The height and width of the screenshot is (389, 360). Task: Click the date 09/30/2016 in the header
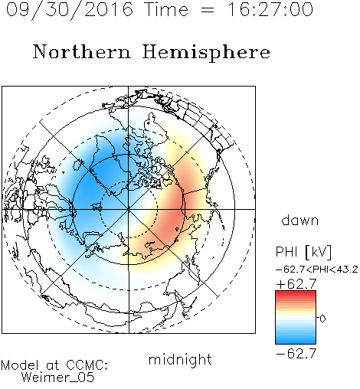coord(70,10)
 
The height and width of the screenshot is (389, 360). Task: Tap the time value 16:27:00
coord(270,9)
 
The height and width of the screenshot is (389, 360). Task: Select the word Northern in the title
coord(82,51)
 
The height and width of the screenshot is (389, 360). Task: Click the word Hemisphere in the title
coord(206,53)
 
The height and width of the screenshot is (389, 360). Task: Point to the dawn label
coord(300,220)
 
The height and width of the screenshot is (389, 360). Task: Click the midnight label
coord(180,361)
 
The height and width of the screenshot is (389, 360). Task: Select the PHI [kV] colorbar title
coord(303,252)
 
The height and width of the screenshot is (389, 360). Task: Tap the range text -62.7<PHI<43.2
coord(317,270)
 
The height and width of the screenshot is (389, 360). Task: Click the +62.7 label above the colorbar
coord(296,283)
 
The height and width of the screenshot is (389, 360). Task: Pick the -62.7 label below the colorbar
coord(296,354)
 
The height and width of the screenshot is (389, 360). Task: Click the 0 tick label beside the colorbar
coord(322,319)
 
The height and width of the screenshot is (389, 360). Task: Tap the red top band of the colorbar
coord(296,294)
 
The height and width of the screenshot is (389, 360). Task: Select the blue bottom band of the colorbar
coord(296,341)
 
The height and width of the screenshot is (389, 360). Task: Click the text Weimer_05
coord(58,378)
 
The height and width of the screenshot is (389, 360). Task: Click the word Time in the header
coord(166,9)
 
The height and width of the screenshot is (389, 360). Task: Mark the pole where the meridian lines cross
coord(129,209)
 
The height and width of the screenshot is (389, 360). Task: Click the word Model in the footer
coord(20,365)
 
